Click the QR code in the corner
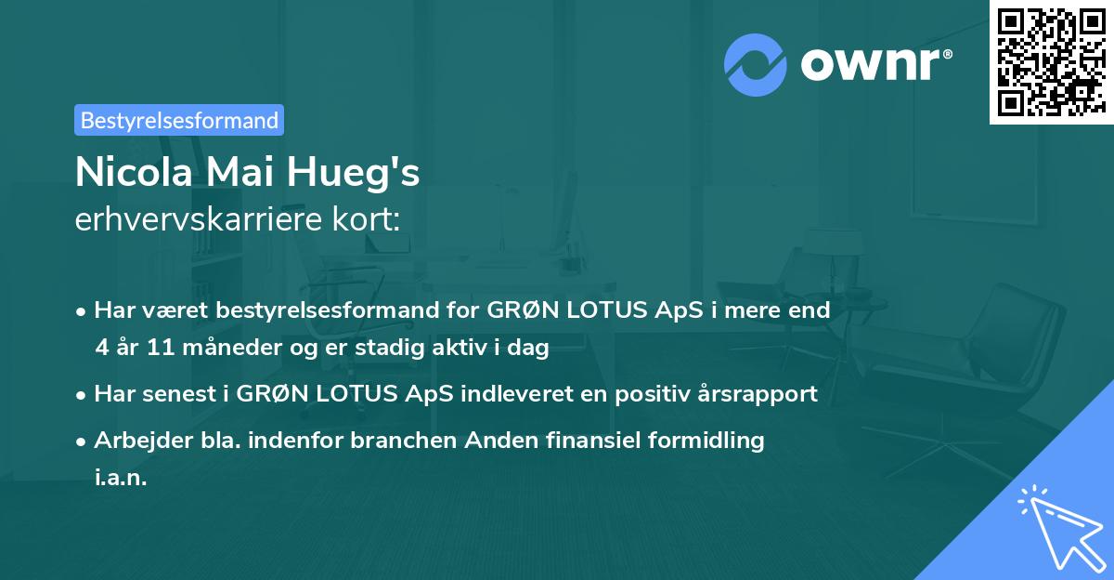[x=1051, y=62]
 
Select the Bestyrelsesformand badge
[x=179, y=120]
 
